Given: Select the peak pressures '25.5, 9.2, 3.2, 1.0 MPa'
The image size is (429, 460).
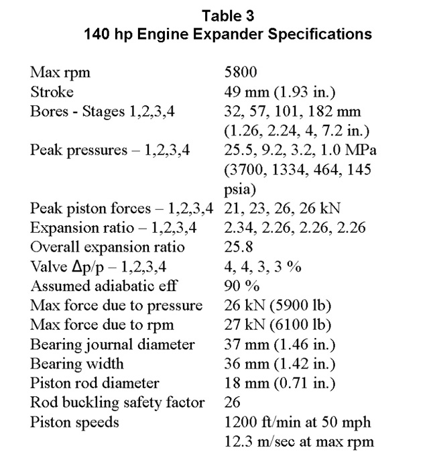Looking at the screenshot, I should coord(300,150).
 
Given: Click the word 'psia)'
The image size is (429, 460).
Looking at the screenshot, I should coord(241,188).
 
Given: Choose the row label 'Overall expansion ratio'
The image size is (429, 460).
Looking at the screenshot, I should coord(107,247).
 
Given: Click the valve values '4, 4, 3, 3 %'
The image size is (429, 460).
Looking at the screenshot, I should coord(262,267).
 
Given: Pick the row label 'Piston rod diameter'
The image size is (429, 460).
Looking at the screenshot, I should coord(95,384).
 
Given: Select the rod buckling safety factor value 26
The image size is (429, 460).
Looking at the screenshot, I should coord(231,404).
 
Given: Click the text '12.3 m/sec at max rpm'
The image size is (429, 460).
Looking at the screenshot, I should coord(299,443).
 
